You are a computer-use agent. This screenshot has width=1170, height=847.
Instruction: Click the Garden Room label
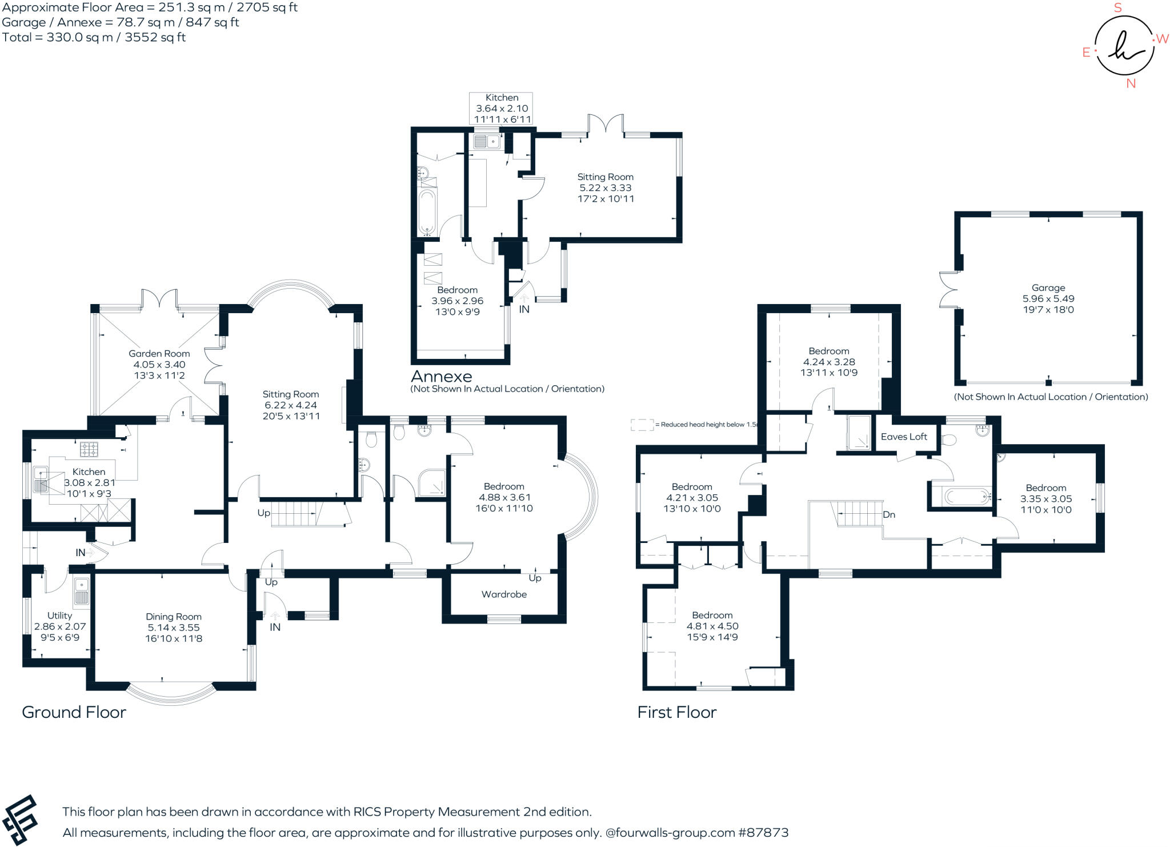(x=159, y=354)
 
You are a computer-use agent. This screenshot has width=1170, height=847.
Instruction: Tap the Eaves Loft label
(x=904, y=437)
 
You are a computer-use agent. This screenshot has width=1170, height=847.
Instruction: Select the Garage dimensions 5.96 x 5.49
(x=1048, y=299)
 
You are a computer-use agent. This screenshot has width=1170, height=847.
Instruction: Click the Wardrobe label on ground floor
(x=504, y=594)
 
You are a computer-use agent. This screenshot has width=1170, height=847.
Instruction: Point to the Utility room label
(x=59, y=616)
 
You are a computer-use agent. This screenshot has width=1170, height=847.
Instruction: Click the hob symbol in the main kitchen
(x=89, y=449)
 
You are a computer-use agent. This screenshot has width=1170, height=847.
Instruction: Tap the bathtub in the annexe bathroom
(x=427, y=212)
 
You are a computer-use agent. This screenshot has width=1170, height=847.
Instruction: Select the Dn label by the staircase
(x=889, y=514)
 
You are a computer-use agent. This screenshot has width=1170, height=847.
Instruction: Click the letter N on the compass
(x=1131, y=83)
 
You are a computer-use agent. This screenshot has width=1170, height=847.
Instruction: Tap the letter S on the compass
(x=1118, y=8)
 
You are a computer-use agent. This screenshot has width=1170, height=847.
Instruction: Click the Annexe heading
(x=442, y=377)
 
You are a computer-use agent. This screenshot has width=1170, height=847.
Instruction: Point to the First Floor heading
(x=676, y=712)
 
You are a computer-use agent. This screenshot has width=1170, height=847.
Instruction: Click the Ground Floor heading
(x=74, y=712)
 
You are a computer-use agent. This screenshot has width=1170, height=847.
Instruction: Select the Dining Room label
(x=174, y=617)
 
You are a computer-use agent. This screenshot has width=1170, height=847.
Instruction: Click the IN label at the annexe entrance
(x=524, y=309)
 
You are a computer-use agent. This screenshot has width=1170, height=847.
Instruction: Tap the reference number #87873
(x=763, y=833)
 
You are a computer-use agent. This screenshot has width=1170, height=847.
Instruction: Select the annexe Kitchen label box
(x=502, y=108)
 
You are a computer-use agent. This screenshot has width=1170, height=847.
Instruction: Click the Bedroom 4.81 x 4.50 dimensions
(x=712, y=626)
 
